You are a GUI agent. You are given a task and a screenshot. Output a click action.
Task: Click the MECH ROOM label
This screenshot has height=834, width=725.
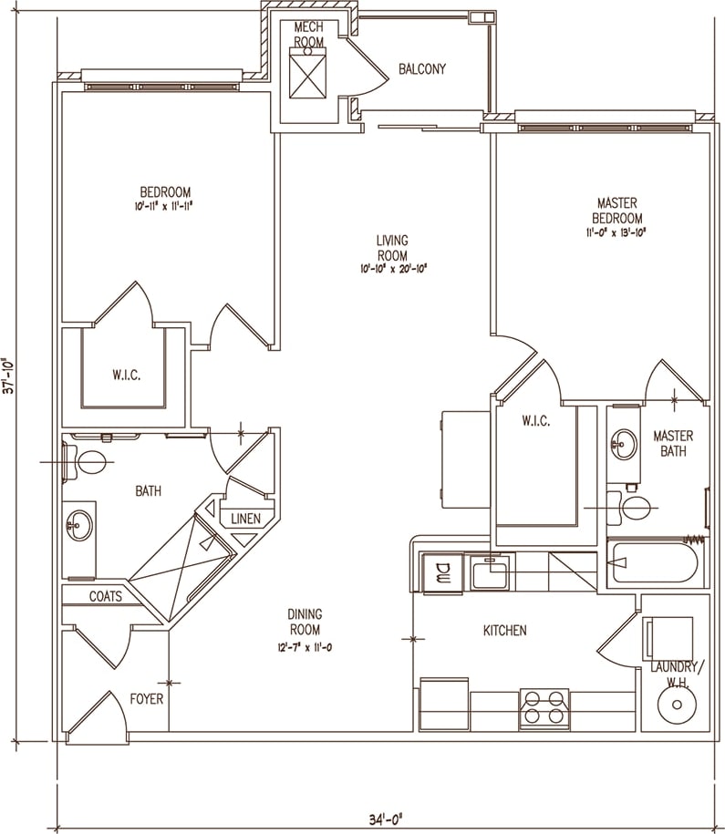click(309, 35)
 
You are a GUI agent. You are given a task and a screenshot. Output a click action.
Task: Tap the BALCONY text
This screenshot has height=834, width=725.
click(421, 68)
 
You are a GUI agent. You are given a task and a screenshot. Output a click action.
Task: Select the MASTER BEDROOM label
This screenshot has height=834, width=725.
click(616, 211)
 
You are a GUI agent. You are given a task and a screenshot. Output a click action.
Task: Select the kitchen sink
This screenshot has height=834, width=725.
click(492, 574)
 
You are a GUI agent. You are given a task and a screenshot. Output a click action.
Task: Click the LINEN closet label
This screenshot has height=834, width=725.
click(246, 519)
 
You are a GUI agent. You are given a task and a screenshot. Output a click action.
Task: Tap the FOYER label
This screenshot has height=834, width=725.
click(146, 699)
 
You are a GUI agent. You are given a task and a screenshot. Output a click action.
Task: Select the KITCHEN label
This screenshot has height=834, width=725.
click(504, 630)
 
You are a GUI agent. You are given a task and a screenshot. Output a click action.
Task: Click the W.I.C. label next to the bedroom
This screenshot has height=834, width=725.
click(125, 374)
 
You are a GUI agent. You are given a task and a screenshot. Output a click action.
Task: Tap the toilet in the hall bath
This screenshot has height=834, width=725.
click(92, 461)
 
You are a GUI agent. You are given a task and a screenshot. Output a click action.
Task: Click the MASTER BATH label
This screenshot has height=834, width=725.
click(673, 443)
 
